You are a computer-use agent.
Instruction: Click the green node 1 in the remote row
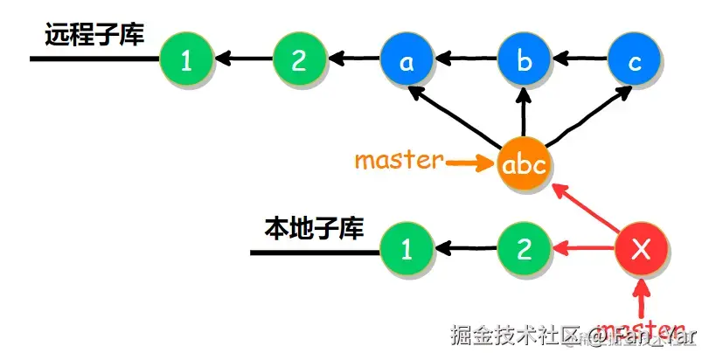click(x=185, y=59)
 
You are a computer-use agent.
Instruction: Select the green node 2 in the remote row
click(x=299, y=59)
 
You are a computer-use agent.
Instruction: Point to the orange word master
click(x=398, y=161)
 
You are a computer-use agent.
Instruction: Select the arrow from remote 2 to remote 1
click(x=242, y=59)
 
